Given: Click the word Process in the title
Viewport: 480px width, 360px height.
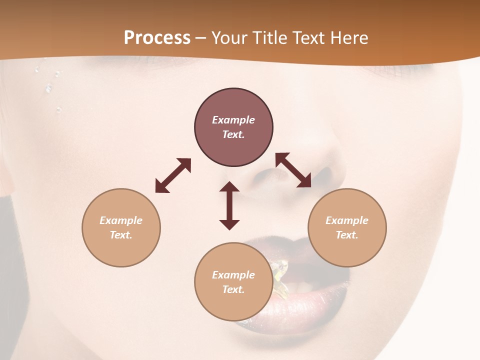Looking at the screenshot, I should tap(157, 38).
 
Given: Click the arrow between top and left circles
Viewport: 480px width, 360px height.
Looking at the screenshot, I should tap(173, 175).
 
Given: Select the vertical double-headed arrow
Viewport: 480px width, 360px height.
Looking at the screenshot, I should tap(229, 205).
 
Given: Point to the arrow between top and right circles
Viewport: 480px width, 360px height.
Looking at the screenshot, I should tap(293, 170).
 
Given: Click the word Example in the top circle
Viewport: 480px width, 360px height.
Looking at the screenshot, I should tap(233, 120).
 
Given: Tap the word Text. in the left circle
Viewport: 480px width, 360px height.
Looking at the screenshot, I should tap(121, 235).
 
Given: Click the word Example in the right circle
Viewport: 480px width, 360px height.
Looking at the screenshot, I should tap(347, 220).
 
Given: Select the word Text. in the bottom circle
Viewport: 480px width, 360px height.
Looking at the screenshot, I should tap(233, 289).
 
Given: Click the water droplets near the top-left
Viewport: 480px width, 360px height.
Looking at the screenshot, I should tap(49, 87).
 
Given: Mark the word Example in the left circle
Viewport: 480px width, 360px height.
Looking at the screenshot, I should tap(121, 220).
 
